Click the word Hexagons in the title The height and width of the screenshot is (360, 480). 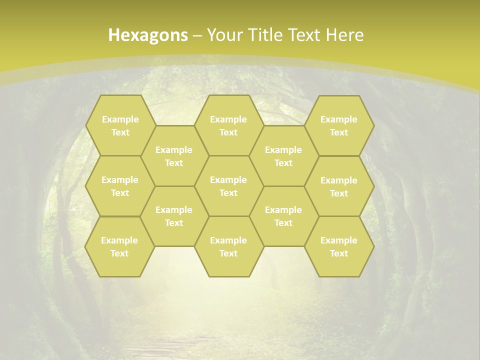(x=148, y=35)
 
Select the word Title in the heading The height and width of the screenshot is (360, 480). (x=262, y=35)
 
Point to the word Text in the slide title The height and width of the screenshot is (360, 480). (x=304, y=35)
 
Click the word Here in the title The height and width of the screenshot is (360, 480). (x=345, y=35)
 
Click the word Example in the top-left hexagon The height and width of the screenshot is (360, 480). (x=120, y=119)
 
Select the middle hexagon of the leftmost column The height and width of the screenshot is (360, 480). (x=120, y=186)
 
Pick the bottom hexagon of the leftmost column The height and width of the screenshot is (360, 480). (x=120, y=246)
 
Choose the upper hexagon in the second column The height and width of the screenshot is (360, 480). (x=174, y=156)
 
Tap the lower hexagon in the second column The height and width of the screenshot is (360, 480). (x=174, y=216)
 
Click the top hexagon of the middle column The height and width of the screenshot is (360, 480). (x=228, y=125)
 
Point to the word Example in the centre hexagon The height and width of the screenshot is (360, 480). (x=228, y=180)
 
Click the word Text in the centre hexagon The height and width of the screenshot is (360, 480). (x=228, y=193)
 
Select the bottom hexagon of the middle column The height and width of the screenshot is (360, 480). (x=228, y=246)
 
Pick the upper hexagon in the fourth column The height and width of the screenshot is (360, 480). (x=283, y=156)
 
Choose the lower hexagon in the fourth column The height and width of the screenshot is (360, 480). (x=283, y=216)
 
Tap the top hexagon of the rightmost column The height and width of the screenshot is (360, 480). (x=339, y=125)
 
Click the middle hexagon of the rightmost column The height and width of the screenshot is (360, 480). (x=339, y=186)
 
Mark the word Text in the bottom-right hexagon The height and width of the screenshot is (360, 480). (x=339, y=253)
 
